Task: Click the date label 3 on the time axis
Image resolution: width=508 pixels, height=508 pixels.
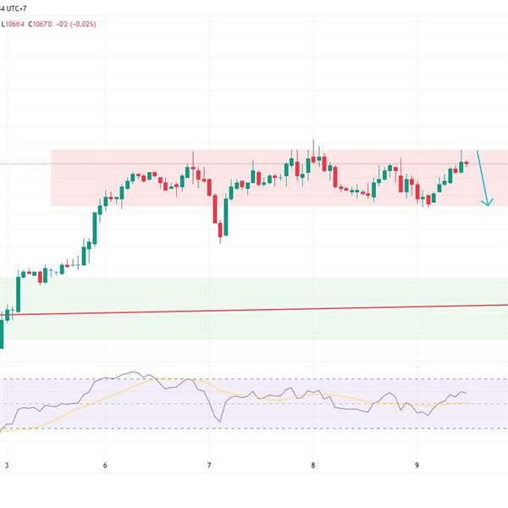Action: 7,465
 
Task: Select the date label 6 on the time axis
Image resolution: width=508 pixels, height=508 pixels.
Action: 105,465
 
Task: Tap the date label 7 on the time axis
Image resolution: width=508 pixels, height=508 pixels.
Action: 209,465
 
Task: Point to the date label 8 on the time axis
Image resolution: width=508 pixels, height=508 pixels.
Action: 312,465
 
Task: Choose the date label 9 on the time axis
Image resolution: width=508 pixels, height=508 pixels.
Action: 417,465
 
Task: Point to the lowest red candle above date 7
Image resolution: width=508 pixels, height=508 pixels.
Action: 221,229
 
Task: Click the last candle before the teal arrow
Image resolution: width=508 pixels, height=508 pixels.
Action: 467,162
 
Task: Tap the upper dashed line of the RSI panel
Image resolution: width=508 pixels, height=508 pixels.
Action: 254,379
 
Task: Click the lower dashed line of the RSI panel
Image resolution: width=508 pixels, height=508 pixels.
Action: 254,428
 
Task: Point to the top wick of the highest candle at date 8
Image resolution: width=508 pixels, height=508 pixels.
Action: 313,141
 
